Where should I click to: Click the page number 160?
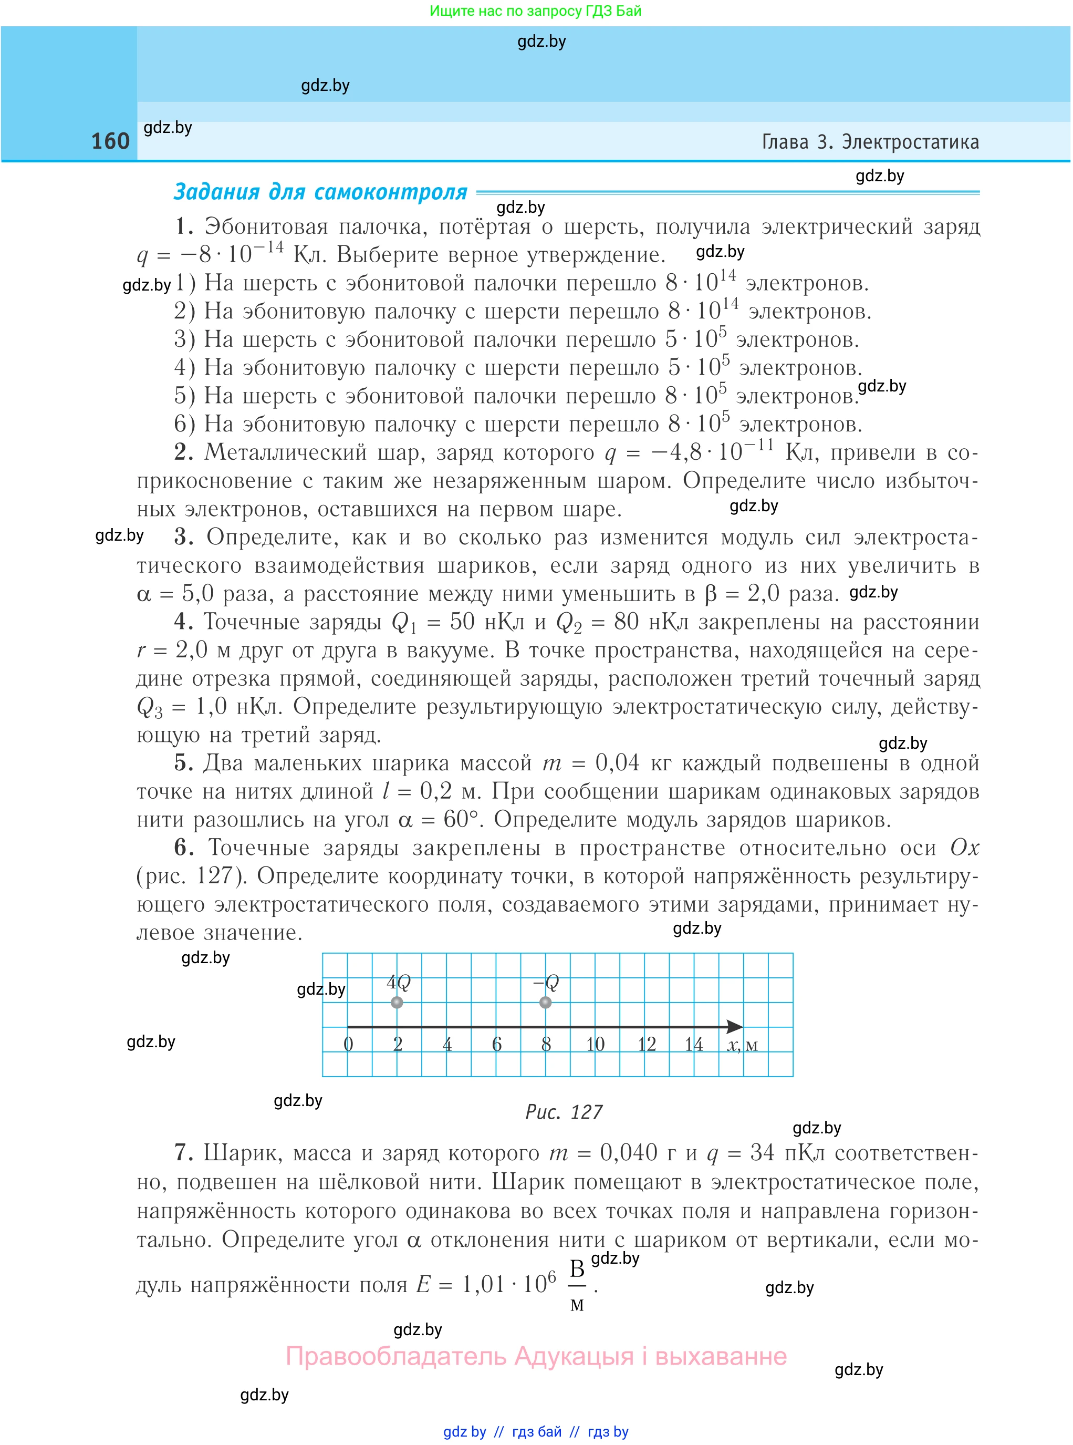(x=110, y=141)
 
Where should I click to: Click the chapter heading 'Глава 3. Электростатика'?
(x=870, y=142)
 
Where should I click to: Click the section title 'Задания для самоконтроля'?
(x=320, y=192)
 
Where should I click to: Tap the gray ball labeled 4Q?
(x=397, y=1002)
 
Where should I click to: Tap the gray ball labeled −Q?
(x=546, y=1002)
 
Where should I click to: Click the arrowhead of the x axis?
(x=735, y=1027)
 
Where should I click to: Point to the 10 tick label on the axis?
(x=595, y=1044)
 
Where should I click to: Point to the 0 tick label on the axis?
(x=348, y=1044)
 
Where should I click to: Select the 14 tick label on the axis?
(x=694, y=1044)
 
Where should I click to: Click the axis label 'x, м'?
(x=742, y=1045)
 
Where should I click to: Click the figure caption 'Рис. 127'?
(x=564, y=1112)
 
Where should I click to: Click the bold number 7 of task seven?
(x=183, y=1153)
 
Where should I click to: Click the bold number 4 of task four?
(x=183, y=621)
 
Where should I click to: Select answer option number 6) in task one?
(x=184, y=424)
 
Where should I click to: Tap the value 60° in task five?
(x=463, y=819)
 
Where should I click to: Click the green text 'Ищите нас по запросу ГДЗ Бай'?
(x=535, y=11)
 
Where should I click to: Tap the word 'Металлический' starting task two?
(x=286, y=452)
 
